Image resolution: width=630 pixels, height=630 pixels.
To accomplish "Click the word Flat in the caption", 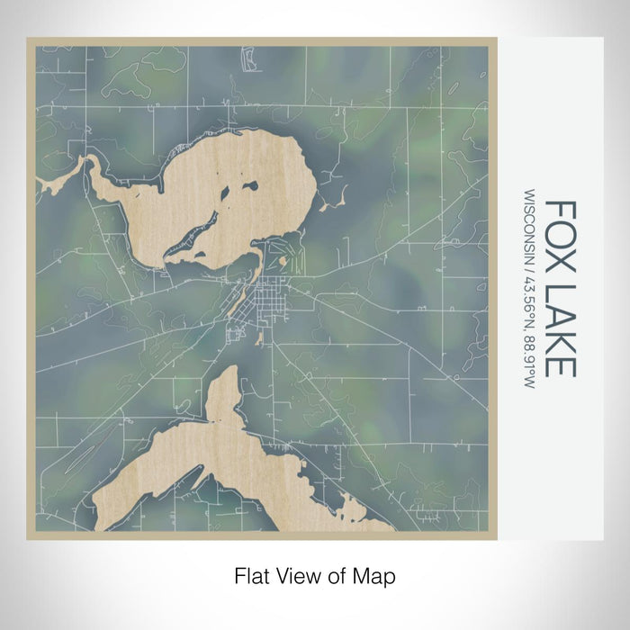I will pyautogui.click(x=253, y=574).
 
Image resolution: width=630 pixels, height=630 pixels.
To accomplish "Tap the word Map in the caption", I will pyautogui.click(x=376, y=574).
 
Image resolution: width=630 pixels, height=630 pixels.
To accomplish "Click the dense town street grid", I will pyautogui.click(x=269, y=296).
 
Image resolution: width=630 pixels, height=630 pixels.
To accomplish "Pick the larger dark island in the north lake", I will pyautogui.click(x=249, y=187).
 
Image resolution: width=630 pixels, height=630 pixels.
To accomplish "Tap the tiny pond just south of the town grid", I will pyautogui.click(x=261, y=338).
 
